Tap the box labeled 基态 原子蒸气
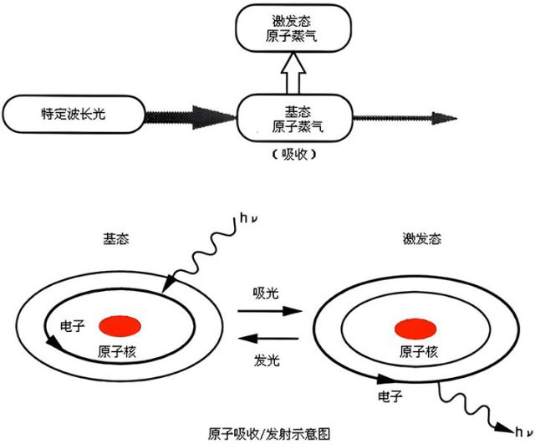[x=293, y=118]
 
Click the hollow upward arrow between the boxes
[x=293, y=74]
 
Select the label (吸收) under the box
[x=293, y=155]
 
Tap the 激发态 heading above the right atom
[x=420, y=240]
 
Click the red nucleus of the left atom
[x=120, y=324]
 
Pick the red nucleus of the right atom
[x=415, y=326]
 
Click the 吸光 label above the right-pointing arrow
[x=266, y=293]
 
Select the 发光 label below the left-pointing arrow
[x=266, y=360]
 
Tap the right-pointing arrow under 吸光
[x=267, y=311]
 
